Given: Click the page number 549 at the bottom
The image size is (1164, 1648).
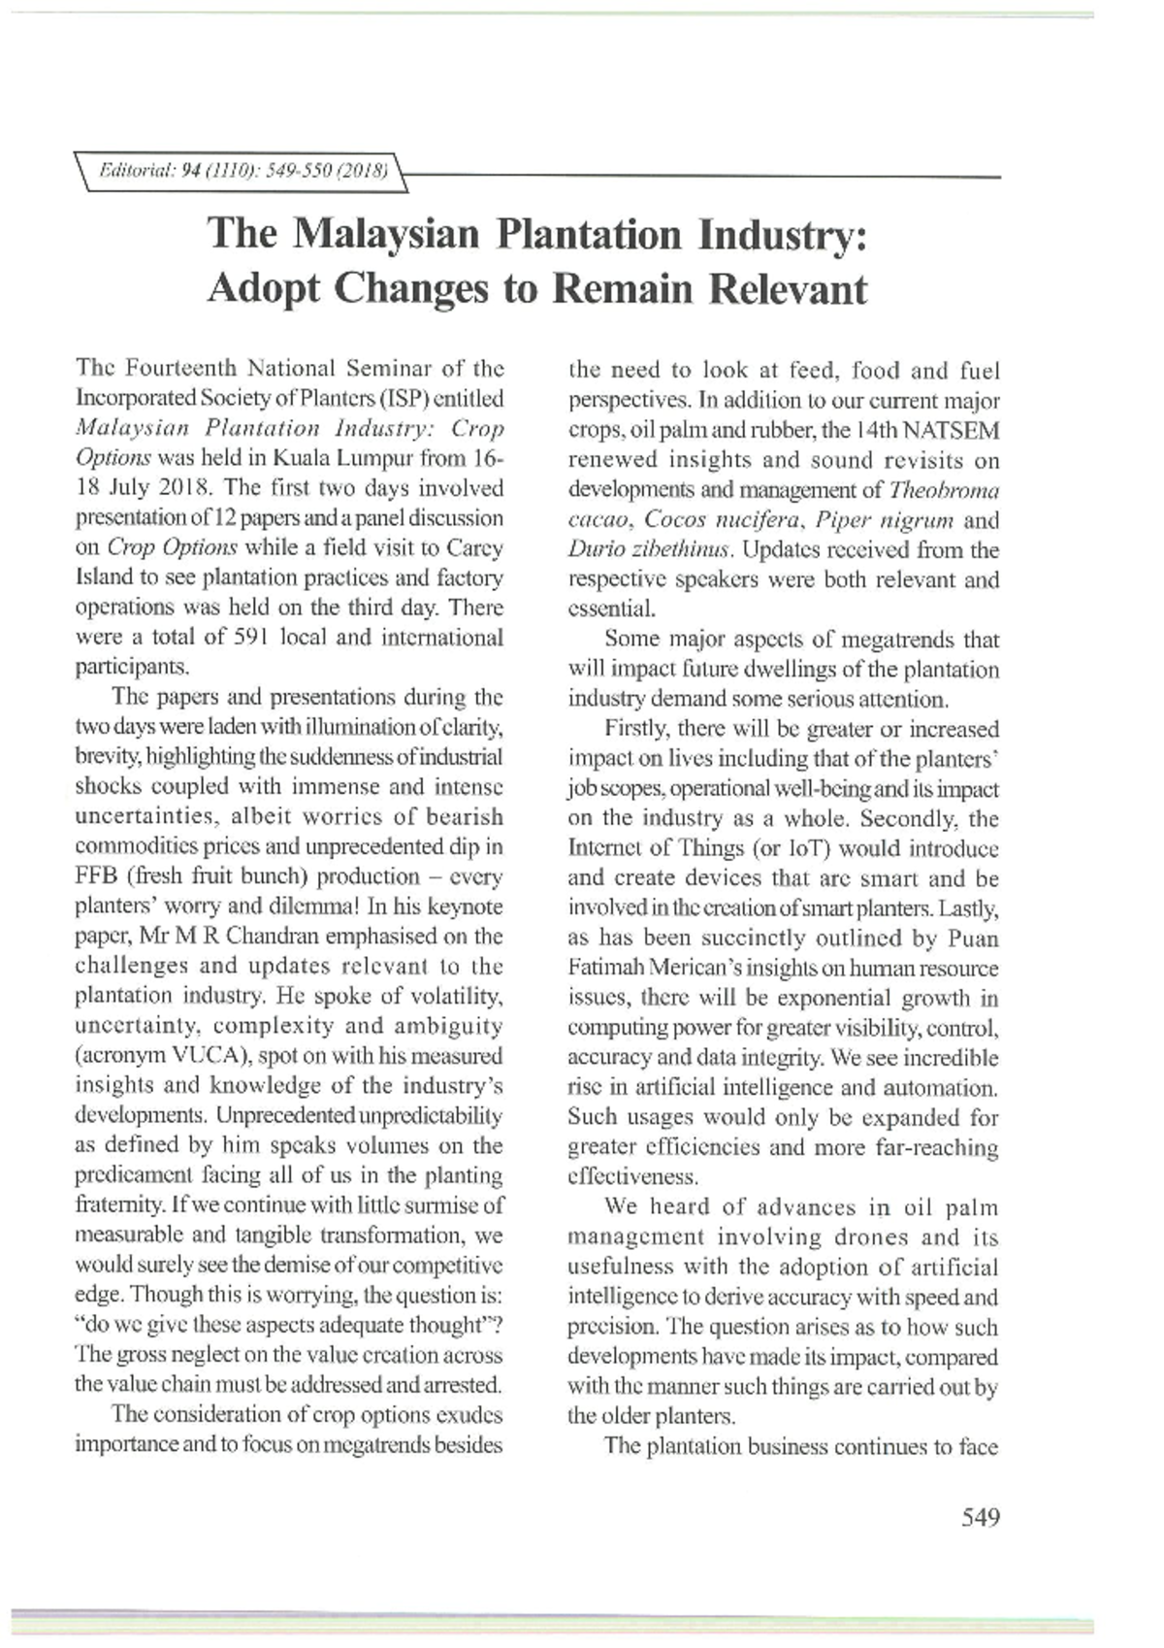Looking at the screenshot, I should pyautogui.click(x=980, y=1517).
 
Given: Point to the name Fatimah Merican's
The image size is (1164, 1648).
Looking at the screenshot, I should pyautogui.click(x=655, y=969).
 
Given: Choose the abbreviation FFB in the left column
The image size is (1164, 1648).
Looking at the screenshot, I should pyautogui.click(x=96, y=876).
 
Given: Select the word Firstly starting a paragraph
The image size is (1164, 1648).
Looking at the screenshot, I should pyautogui.click(x=637, y=729).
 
